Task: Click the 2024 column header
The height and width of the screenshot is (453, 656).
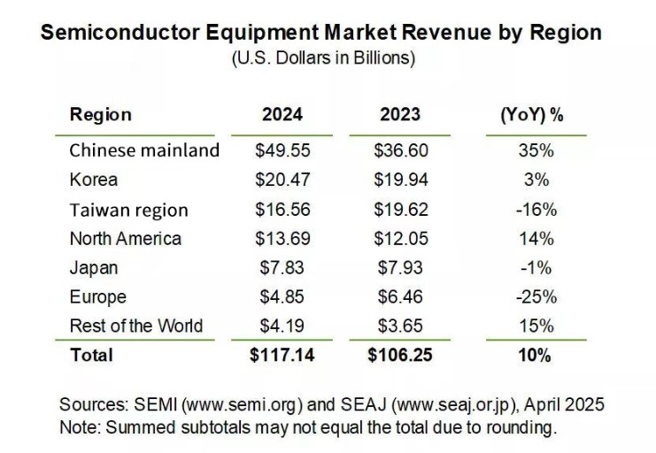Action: tap(282, 115)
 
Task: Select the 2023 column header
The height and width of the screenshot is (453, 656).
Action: tap(400, 115)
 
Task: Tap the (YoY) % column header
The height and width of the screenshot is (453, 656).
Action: tap(532, 115)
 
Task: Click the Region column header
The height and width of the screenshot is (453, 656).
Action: tap(100, 115)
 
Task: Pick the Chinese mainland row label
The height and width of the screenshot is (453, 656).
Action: tap(144, 150)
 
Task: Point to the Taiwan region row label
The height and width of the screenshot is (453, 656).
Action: tap(128, 210)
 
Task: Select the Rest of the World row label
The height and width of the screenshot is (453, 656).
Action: tap(135, 326)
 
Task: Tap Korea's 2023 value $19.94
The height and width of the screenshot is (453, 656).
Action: tap(400, 180)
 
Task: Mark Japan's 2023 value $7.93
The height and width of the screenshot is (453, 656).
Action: tap(400, 267)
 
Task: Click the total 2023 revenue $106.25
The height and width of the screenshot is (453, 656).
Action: tap(400, 356)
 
